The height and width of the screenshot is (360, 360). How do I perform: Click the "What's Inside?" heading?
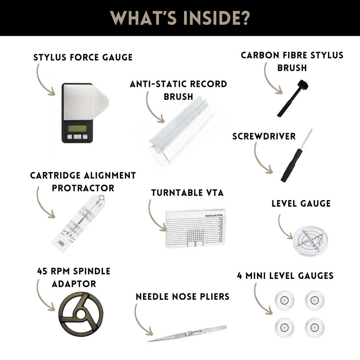(180, 18)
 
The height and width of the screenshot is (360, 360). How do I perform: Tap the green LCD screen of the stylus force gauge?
(77, 128)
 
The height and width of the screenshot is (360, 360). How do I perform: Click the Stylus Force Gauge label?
(83, 57)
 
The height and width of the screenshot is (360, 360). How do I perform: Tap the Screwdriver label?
(264, 136)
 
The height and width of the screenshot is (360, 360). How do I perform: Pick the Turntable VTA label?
(187, 193)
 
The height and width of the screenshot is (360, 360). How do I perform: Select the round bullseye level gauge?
(310, 241)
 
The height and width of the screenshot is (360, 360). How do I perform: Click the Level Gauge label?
(301, 204)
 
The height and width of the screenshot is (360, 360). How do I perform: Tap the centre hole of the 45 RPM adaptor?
(81, 314)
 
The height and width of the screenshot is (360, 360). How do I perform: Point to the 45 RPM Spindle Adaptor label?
(74, 277)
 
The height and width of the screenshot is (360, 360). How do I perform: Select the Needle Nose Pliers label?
(182, 297)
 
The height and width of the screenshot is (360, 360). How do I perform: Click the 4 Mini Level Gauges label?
(285, 276)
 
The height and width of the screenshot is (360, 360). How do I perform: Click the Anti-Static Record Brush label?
(178, 90)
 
